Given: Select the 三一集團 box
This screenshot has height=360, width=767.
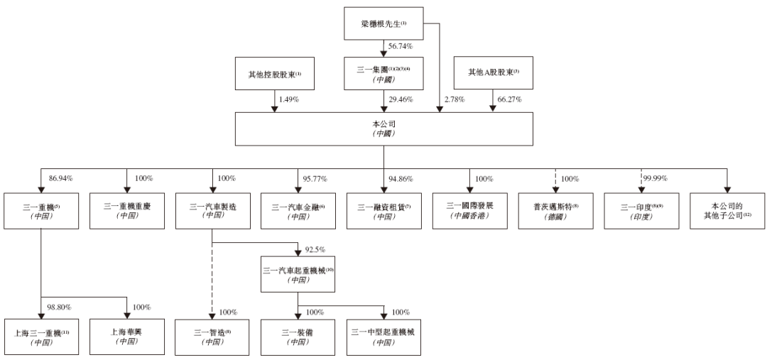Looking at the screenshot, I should click(383, 73).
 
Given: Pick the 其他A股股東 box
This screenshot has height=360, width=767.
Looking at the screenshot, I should click(493, 73).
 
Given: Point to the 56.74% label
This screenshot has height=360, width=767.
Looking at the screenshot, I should click(400, 47).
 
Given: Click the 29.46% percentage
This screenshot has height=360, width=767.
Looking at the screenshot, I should click(400, 99).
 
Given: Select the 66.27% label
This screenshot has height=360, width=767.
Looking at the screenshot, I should click(509, 99).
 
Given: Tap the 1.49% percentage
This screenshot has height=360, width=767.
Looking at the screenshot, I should click(288, 99).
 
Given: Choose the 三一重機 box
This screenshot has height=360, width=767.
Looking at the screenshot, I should click(41, 209).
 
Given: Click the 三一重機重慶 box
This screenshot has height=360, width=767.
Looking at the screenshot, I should click(126, 209).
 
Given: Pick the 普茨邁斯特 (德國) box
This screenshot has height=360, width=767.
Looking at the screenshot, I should click(555, 209).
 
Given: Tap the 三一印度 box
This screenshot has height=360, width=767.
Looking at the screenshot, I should click(641, 209).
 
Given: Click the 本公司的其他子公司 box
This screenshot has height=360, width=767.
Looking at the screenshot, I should click(726, 209).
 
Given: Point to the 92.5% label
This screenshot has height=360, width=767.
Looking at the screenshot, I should click(315, 250).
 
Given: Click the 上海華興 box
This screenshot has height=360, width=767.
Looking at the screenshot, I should click(126, 336).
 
